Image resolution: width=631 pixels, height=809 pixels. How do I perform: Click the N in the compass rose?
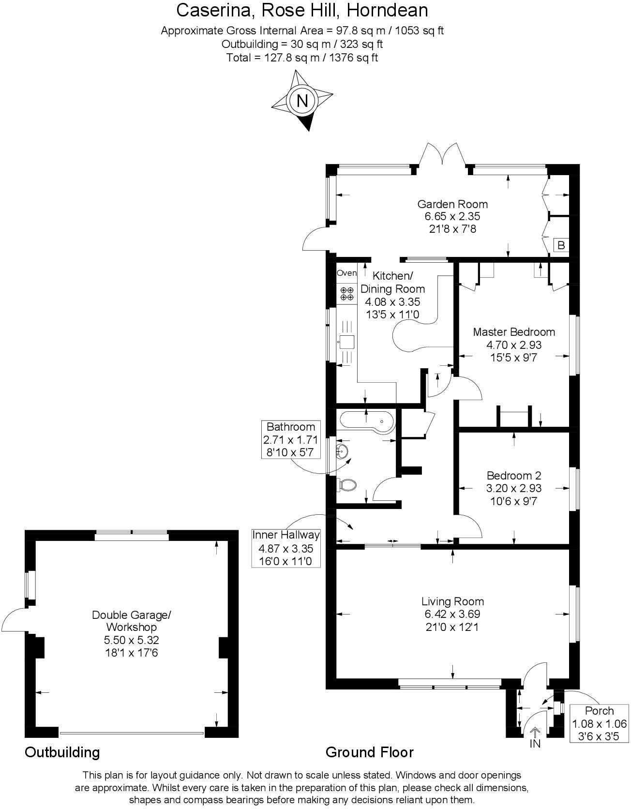pos(302,101)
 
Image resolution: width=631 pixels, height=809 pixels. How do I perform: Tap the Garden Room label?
pos(452,204)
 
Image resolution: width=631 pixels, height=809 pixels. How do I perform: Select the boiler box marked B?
pos(561,245)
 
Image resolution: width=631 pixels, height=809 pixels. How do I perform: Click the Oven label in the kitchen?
pos(346,273)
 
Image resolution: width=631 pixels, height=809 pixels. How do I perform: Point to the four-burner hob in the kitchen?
pos(346,293)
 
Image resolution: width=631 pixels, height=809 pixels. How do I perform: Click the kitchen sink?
pos(346,342)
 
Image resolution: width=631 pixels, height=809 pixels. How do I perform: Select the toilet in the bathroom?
pos(347,484)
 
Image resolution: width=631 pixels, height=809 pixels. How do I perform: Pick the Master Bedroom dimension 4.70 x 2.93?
pos(513,345)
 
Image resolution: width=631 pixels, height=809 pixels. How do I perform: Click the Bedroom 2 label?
pos(513,475)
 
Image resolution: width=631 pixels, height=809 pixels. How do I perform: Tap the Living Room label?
pos(452,601)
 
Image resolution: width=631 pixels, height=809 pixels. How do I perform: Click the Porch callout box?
pos(599,723)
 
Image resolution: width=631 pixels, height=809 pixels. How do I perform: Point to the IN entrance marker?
pos(535,743)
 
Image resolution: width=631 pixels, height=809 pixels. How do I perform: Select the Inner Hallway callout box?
pos(286,548)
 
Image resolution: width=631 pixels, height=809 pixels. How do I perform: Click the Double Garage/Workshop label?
pos(132,621)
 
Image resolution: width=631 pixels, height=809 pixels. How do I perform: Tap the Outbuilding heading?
pos(62,752)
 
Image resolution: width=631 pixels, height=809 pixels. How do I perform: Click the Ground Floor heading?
pos(369,752)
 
